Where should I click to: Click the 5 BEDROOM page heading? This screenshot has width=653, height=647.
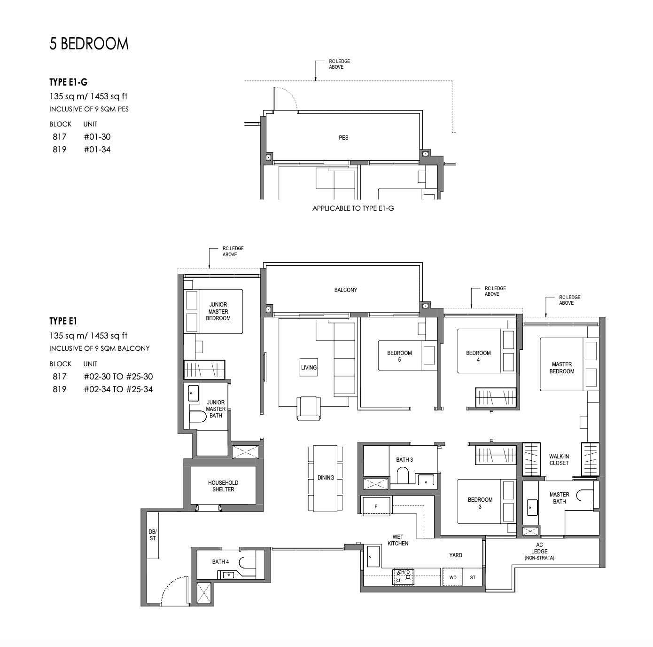click(x=89, y=44)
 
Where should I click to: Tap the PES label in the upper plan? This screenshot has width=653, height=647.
click(x=343, y=138)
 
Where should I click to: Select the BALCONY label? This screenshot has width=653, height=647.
click(x=345, y=290)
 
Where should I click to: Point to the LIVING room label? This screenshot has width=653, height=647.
click(x=309, y=368)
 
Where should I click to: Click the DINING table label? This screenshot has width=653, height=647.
click(x=326, y=478)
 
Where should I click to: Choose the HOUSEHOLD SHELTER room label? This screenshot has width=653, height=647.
click(x=223, y=486)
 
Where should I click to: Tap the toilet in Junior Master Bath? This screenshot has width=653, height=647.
click(x=198, y=416)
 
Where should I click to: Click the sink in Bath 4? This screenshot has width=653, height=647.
click(x=228, y=575)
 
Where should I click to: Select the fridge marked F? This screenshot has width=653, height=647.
click(x=376, y=507)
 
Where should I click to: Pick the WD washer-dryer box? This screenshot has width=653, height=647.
click(x=453, y=577)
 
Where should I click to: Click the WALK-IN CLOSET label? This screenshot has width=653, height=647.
click(x=559, y=460)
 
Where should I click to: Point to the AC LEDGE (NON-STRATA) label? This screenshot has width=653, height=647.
click(x=539, y=552)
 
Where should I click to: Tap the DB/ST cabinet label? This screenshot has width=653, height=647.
click(x=152, y=536)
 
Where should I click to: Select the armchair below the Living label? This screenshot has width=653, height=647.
click(x=309, y=407)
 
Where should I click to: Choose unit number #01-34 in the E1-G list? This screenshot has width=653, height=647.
click(x=97, y=150)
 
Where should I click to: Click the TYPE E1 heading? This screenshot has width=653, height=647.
click(x=63, y=321)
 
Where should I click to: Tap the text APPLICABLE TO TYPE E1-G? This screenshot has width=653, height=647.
click(x=353, y=208)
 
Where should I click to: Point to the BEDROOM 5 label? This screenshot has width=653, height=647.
click(x=399, y=356)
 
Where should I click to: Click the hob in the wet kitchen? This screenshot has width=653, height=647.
click(x=403, y=576)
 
